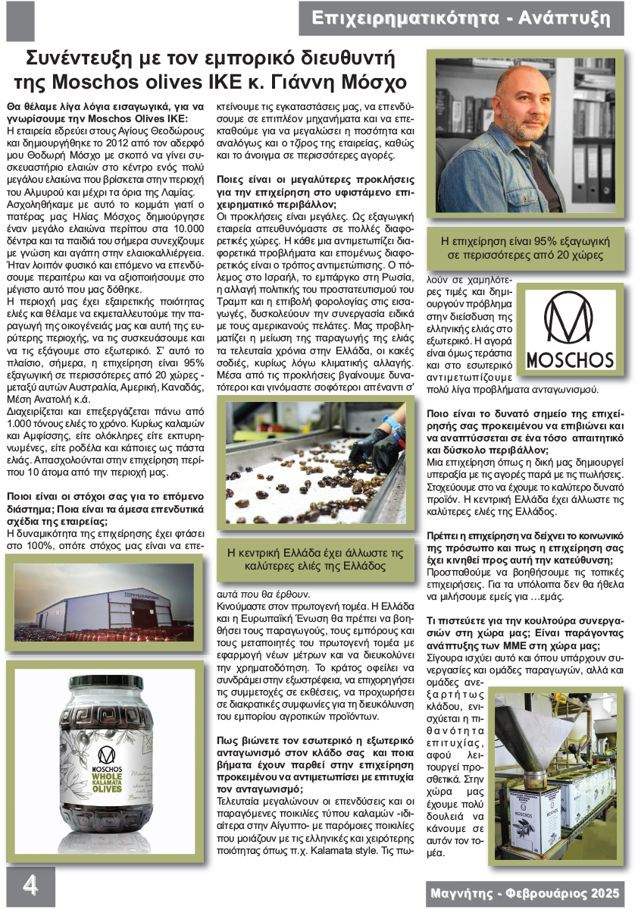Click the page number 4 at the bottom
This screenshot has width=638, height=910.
point(30,885)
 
